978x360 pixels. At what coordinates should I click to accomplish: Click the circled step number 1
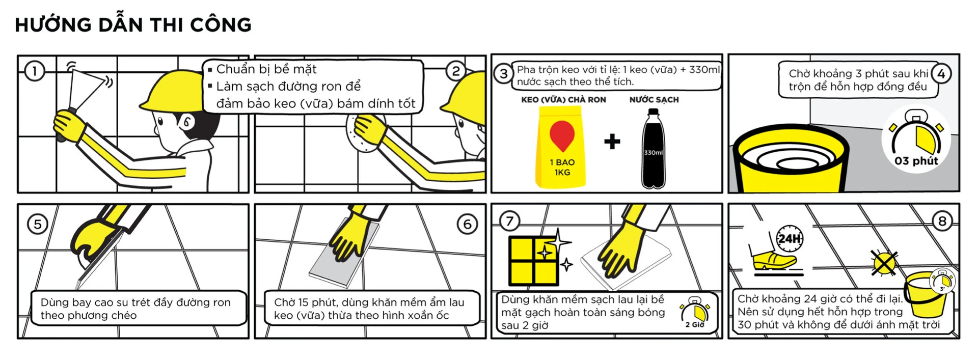[35, 71]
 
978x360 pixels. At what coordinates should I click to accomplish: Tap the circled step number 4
[941, 74]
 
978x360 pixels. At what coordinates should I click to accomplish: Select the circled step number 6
[467, 224]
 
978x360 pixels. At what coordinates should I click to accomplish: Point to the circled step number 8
[942, 221]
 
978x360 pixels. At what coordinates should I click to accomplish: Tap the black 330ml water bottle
[653, 150]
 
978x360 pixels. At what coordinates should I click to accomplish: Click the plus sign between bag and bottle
[612, 141]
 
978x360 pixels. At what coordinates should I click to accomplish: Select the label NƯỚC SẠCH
[654, 100]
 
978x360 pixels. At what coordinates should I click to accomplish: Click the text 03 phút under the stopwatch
[916, 161]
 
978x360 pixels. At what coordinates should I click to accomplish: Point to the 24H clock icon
[789, 238]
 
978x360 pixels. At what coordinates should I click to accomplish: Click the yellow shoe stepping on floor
[773, 261]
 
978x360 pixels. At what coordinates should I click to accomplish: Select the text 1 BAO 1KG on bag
[562, 167]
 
